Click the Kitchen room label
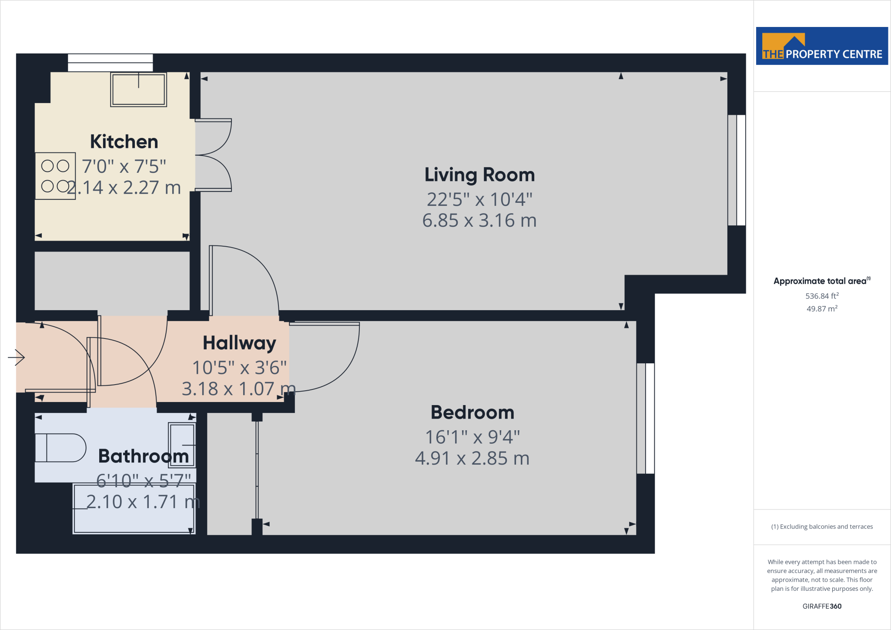point(124,142)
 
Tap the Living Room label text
point(479,175)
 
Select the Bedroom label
point(472,412)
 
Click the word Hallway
point(239,343)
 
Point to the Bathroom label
point(144,456)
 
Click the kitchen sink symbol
point(138,90)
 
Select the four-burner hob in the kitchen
point(55,176)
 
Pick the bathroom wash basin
point(182,445)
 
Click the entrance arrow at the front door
point(17,358)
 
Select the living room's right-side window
point(737,170)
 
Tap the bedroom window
point(646,418)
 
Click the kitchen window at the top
point(110,63)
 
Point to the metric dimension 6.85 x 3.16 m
point(479,221)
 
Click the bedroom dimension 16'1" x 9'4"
point(472,437)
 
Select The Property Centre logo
point(822,46)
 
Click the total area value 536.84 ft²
point(822,296)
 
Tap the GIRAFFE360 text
point(822,606)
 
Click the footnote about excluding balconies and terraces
point(822,526)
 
